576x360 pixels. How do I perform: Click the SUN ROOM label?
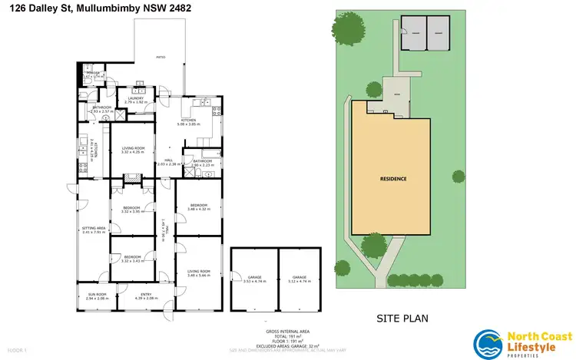click(x=96, y=294)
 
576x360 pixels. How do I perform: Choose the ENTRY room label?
click(x=145, y=294)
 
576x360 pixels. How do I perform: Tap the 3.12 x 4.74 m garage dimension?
click(x=299, y=281)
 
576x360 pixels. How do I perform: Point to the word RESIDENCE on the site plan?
click(x=392, y=179)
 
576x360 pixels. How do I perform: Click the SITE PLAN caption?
click(x=401, y=317)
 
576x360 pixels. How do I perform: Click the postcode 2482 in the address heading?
click(x=178, y=8)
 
